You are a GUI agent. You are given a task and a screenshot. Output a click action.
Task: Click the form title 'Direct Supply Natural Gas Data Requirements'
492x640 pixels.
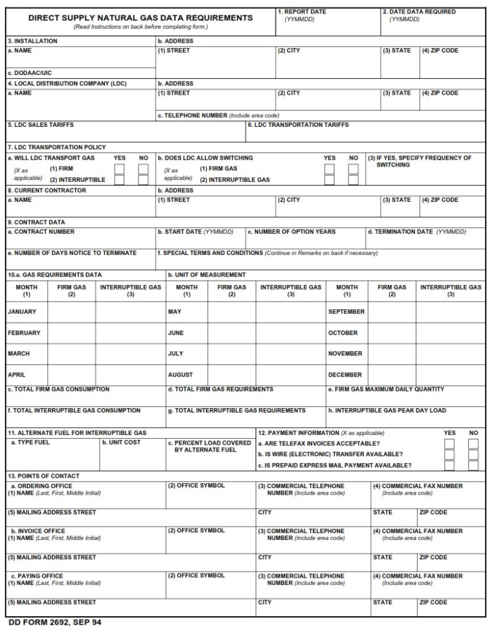(x=140, y=18)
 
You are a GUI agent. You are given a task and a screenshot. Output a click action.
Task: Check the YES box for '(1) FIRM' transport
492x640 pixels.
(x=119, y=169)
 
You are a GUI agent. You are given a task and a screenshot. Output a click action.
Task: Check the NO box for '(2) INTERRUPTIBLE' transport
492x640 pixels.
(x=143, y=180)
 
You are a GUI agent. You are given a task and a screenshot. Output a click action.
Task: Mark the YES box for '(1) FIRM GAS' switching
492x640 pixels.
(x=329, y=169)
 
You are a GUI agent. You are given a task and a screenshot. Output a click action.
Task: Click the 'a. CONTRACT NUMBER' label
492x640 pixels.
(x=41, y=232)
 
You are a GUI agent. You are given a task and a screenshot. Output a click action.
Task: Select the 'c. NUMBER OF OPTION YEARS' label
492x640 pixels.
(x=291, y=232)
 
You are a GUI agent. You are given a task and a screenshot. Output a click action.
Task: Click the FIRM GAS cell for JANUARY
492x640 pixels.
(x=71, y=312)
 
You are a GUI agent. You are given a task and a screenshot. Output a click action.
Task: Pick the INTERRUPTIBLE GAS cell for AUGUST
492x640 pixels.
(x=291, y=375)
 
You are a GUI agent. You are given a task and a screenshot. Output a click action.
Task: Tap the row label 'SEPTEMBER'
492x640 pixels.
(x=347, y=312)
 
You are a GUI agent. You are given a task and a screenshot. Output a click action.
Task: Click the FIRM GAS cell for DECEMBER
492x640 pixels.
(x=391, y=375)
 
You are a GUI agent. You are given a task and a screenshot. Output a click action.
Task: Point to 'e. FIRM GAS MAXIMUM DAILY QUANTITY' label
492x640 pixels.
(x=386, y=390)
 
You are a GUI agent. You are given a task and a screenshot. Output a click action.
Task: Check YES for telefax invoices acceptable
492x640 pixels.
(x=450, y=443)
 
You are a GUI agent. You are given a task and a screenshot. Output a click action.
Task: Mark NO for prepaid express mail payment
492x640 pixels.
(x=473, y=465)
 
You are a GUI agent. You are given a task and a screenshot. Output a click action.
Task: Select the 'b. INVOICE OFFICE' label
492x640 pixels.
(x=38, y=531)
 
